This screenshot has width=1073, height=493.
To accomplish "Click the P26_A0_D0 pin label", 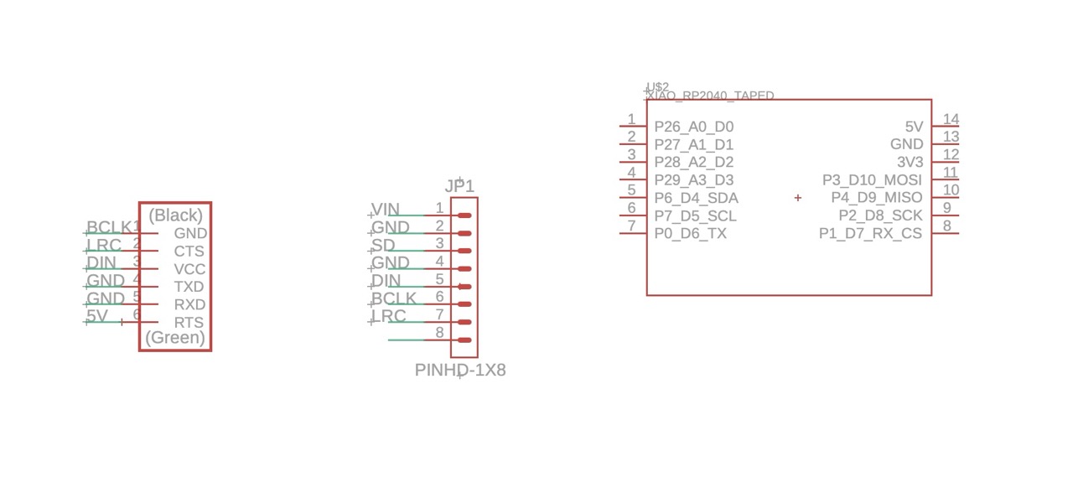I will (x=693, y=127).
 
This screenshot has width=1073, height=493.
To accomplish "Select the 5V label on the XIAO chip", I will (x=914, y=127).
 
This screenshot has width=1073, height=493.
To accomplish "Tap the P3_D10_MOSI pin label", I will (x=872, y=180).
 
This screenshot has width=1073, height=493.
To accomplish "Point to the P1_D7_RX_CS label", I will (x=870, y=233).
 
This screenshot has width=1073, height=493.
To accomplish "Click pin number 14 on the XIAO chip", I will (x=951, y=120).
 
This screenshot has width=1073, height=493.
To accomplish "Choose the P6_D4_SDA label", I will (x=696, y=198).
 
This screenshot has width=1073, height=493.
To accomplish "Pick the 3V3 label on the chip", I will (x=910, y=162).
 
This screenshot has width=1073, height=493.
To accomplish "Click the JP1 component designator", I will (x=459, y=186).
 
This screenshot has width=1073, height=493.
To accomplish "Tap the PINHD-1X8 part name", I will (x=460, y=370).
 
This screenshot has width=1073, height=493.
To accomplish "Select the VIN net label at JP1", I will (x=386, y=209).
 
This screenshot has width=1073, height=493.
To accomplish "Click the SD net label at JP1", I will (x=383, y=245).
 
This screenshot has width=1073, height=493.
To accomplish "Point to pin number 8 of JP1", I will (x=439, y=333).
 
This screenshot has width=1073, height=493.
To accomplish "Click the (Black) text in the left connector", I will (x=176, y=215).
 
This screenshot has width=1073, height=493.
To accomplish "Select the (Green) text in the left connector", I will (x=175, y=338).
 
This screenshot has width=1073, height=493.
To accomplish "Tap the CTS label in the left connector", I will (x=189, y=251).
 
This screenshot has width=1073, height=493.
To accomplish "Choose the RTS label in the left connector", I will (x=189, y=322).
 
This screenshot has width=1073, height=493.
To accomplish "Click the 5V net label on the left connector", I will (x=97, y=316).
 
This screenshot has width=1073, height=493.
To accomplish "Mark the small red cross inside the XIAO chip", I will (x=797, y=198).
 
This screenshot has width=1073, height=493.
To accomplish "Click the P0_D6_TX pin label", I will (x=690, y=233).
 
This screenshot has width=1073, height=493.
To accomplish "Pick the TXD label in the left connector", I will (x=189, y=287).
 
